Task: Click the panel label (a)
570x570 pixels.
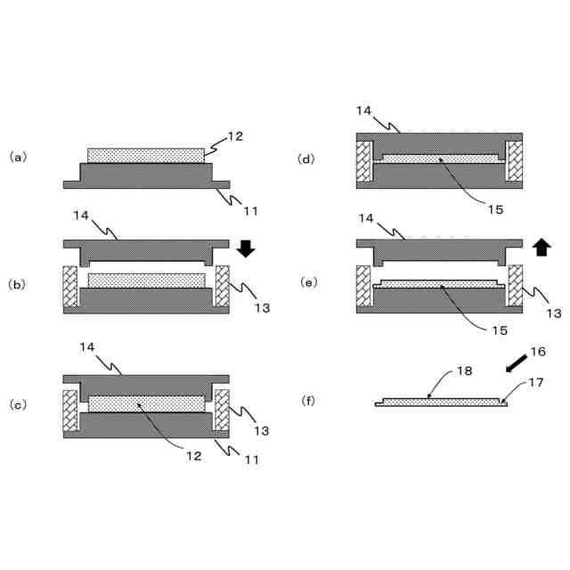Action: coord(18,157)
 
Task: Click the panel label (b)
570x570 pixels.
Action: coord(18,285)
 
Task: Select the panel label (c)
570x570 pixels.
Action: coord(18,404)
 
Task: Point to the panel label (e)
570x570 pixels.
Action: coord(307,282)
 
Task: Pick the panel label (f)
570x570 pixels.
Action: coord(307,401)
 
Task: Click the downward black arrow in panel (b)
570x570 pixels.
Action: coord(247,248)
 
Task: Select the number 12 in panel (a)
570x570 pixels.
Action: coord(234,136)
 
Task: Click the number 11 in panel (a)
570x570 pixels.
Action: coord(250,210)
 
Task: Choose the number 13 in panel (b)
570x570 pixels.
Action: coord(261,308)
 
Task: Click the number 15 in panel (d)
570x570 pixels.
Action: coord(495,210)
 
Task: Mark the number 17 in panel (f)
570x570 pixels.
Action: coord(535,383)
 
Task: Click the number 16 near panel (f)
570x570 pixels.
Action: coord(537,351)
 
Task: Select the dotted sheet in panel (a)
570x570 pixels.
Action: coord(147,156)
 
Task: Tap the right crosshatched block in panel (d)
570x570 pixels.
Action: coord(514,162)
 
